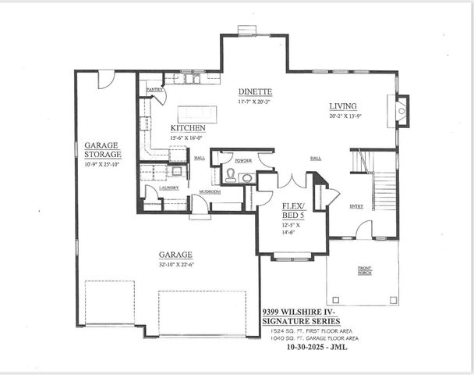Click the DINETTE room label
tap(255, 91)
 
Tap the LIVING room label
tap(342, 106)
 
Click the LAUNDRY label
tap(169, 187)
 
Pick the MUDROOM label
tap(209, 191)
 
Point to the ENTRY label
tap(356, 206)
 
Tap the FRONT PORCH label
tap(365, 271)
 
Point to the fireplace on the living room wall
tap(401, 112)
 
